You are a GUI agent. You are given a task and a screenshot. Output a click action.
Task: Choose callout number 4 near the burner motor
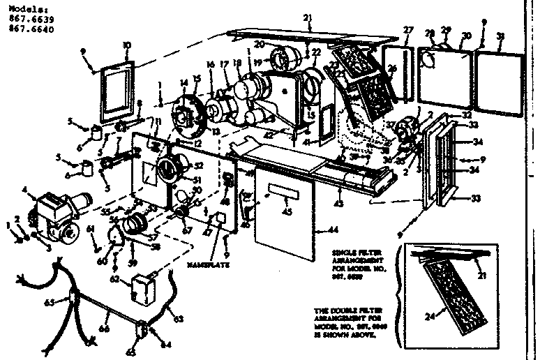[24, 189]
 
